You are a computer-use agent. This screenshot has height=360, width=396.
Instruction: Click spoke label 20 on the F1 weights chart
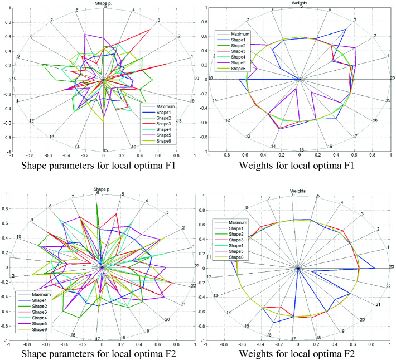click(392, 78)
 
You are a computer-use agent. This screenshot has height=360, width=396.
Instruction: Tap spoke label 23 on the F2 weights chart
click(392, 266)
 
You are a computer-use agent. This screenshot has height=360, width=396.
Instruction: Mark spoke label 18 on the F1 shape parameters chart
click(179, 121)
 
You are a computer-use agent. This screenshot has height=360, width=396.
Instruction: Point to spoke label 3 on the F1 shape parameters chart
click(159, 21)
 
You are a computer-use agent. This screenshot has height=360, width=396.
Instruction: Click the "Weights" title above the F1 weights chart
click(300, 3)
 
